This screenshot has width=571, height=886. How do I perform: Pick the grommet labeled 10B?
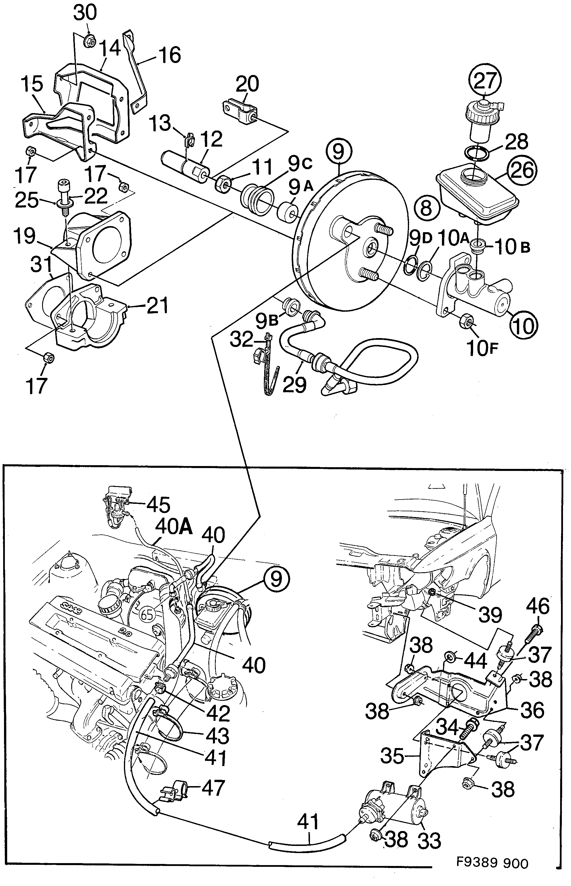point(478,246)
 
